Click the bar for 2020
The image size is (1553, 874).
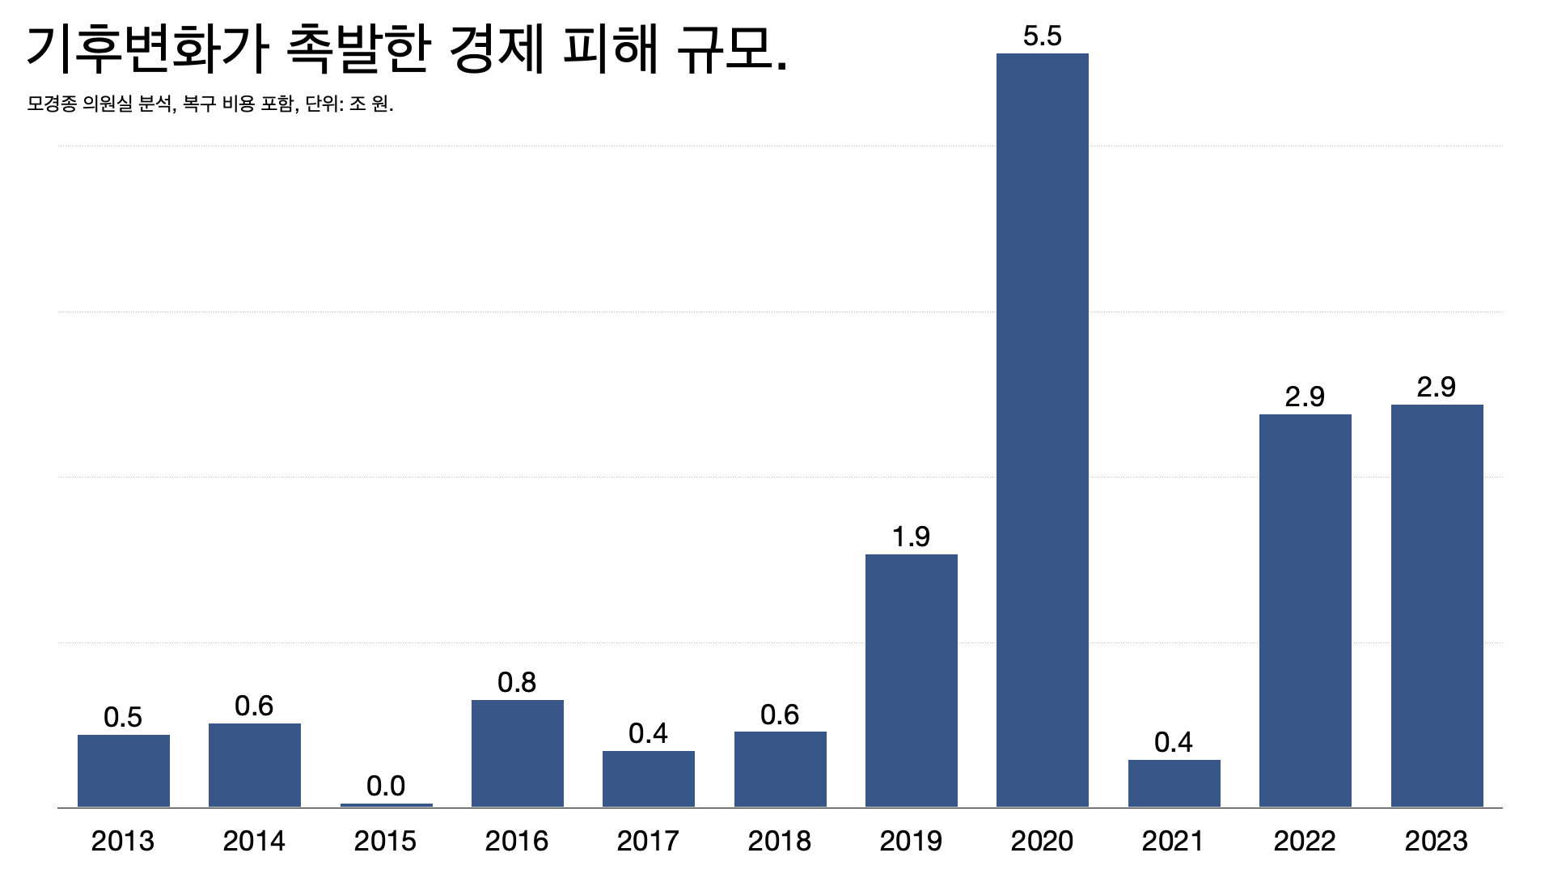coord(1042,429)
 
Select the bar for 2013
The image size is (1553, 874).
coord(123,770)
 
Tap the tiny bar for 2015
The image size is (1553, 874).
coord(386,804)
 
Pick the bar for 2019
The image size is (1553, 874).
coord(911,680)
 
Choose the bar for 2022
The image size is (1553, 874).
coord(1305,610)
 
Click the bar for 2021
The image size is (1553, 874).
coord(1174,783)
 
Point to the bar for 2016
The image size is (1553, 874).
coord(517,753)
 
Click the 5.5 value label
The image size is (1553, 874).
coord(1042,36)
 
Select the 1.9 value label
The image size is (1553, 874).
coord(911,537)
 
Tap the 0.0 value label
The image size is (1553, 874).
coord(386,786)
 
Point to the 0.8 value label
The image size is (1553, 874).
coord(517,683)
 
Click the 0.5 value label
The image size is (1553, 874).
coord(123,717)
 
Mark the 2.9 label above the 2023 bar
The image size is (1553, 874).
coord(1436,387)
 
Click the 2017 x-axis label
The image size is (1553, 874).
coord(648,842)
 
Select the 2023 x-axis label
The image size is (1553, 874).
coord(1436,842)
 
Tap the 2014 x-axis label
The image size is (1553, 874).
coord(254,842)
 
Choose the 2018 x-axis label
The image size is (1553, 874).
coord(780,842)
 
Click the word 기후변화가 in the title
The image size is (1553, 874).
coord(146,49)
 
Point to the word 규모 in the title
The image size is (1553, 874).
coord(722,49)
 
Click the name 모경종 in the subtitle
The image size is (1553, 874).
coord(51,104)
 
